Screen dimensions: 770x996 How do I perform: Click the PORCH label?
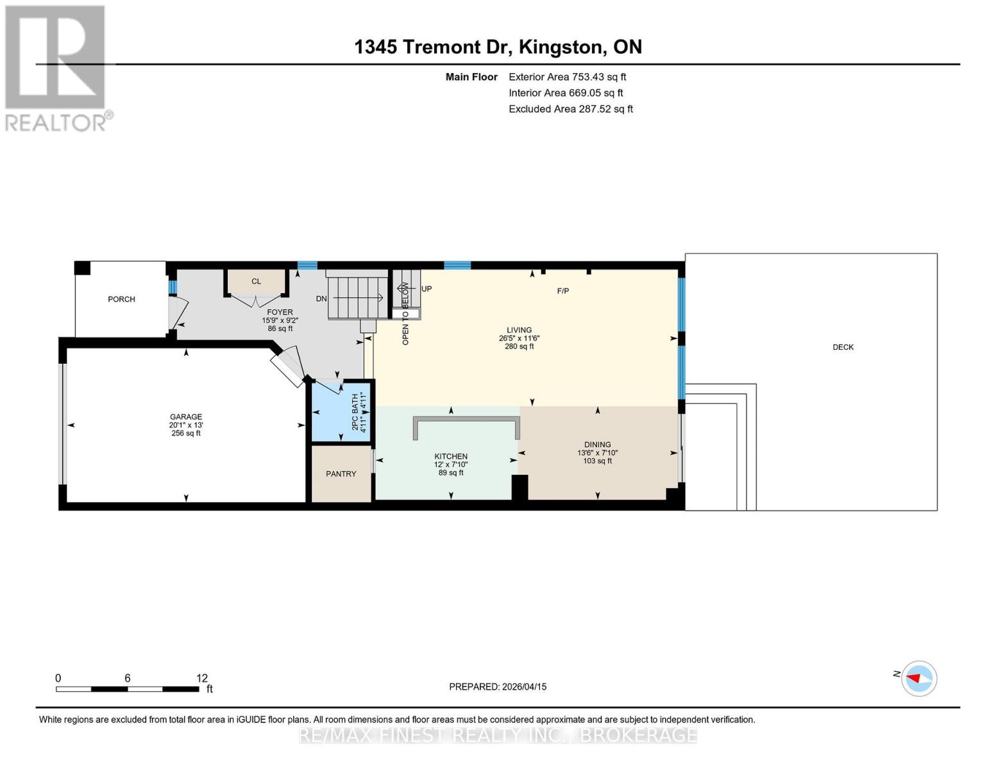pos(121,299)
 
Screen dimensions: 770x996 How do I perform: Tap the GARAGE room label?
pos(185,416)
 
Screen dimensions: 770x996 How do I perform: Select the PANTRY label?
pos(341,474)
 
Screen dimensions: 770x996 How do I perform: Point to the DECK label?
pos(843,347)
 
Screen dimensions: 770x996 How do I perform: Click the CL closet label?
pos(256,281)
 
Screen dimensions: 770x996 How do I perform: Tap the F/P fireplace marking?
pos(562,291)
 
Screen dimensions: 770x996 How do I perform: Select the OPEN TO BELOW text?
pos(405,314)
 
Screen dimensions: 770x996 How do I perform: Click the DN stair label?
pos(321,298)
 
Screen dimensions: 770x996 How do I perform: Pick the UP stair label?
pos(426,289)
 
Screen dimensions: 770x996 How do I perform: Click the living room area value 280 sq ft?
pos(519,346)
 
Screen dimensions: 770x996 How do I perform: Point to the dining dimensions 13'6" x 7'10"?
pos(597,452)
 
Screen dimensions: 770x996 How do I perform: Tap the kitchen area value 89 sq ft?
pos(451,473)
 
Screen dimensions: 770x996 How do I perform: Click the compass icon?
pos(919,678)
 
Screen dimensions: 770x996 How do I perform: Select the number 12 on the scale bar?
pos(202,678)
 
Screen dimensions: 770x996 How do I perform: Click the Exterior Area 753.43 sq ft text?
pos(567,77)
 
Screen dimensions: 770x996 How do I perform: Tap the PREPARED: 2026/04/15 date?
pos(498,687)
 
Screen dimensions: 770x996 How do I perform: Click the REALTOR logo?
pos(57,67)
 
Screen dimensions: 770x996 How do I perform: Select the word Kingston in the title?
pos(561,47)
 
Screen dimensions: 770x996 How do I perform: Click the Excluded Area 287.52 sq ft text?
pos(570,109)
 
